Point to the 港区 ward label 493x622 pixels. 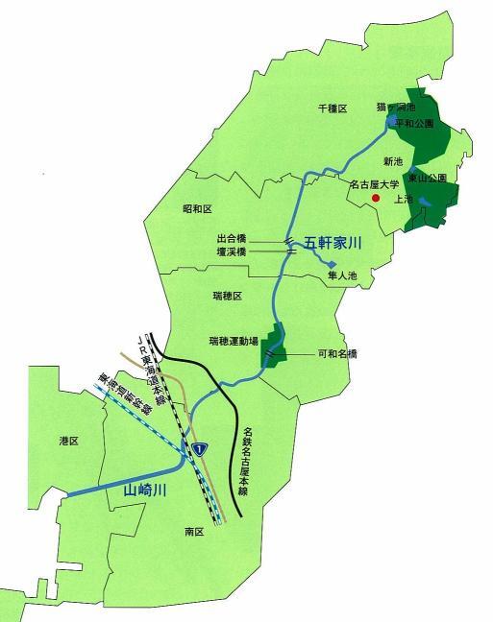click(x=68, y=441)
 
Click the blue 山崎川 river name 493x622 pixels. click(x=146, y=490)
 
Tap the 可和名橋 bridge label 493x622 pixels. click(x=337, y=353)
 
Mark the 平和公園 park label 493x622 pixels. click(x=414, y=124)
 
